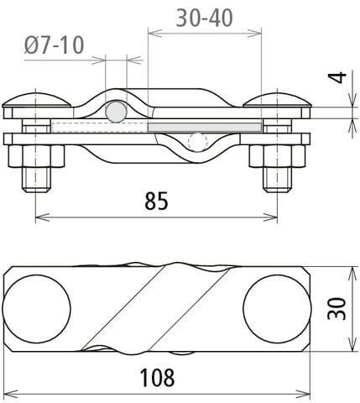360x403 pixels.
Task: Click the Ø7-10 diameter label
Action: click(x=55, y=45)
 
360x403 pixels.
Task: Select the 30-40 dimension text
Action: click(x=205, y=17)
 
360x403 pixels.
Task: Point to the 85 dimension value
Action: click(x=156, y=201)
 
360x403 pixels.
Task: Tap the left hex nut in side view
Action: click(x=37, y=157)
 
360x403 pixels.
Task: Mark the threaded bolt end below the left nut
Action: click(x=36, y=180)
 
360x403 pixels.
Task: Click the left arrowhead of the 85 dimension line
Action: click(x=40, y=217)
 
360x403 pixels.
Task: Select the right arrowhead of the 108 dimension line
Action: click(x=306, y=393)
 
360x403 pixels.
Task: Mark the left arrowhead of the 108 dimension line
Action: click(x=8, y=393)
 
